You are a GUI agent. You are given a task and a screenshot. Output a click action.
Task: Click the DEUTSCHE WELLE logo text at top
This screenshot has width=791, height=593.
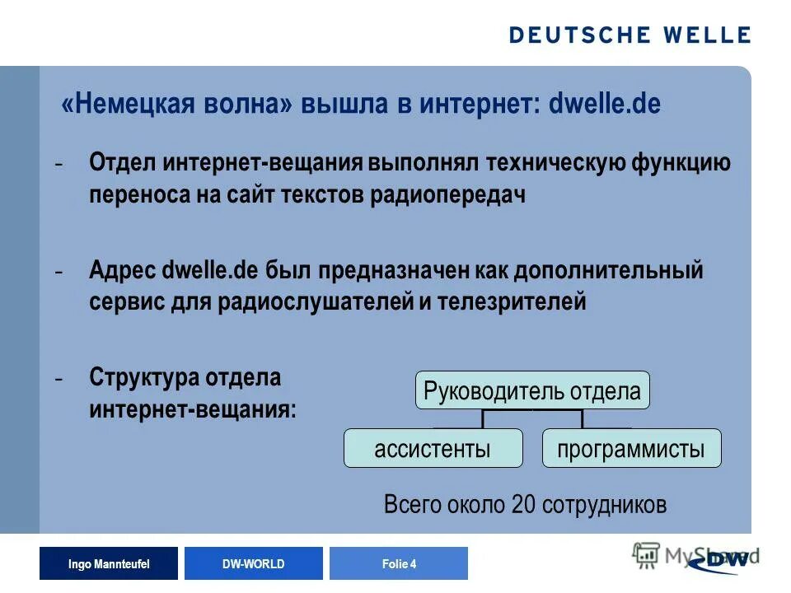point(630,35)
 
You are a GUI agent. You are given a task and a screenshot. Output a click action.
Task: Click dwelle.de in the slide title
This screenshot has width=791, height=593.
point(606,105)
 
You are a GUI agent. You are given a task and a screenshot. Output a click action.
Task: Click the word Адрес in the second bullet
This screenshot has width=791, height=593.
point(124,269)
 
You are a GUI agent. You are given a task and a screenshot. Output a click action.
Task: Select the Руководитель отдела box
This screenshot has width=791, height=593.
point(532,390)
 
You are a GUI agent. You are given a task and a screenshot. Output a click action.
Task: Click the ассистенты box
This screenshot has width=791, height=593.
point(433,449)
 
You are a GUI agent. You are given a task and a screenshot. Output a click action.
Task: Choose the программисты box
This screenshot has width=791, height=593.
point(631,449)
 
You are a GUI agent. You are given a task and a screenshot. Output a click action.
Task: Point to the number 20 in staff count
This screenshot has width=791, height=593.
point(523,504)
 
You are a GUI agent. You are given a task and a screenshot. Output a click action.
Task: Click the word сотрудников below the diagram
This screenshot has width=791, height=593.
point(604,504)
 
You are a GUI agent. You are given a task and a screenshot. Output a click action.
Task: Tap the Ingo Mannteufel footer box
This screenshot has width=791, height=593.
point(108,564)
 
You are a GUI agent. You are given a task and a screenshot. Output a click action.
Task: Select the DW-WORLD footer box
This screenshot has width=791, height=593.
point(253,564)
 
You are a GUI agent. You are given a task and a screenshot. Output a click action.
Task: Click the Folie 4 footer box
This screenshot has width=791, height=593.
point(399,564)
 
